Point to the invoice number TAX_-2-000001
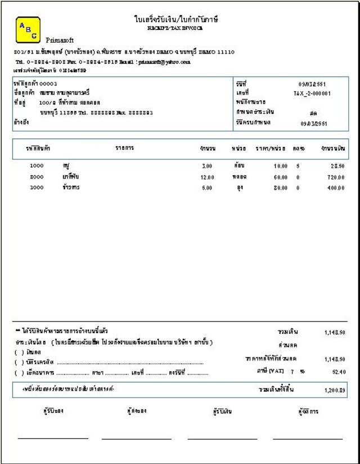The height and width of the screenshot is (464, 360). pyautogui.click(x=312, y=93)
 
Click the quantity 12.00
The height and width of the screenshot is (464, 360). pyautogui.click(x=206, y=177)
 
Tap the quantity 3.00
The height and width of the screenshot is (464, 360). pyautogui.click(x=206, y=167)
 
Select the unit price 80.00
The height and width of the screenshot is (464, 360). pyautogui.click(x=280, y=188)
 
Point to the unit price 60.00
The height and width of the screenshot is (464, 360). pyautogui.click(x=280, y=177)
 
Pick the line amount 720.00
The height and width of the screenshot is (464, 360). pyautogui.click(x=335, y=177)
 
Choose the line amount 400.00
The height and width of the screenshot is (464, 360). pyautogui.click(x=335, y=188)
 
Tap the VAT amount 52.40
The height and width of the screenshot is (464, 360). pyautogui.click(x=337, y=372)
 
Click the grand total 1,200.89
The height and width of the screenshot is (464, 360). pyautogui.click(x=334, y=390)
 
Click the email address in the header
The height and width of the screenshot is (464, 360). pyautogui.click(x=172, y=61)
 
